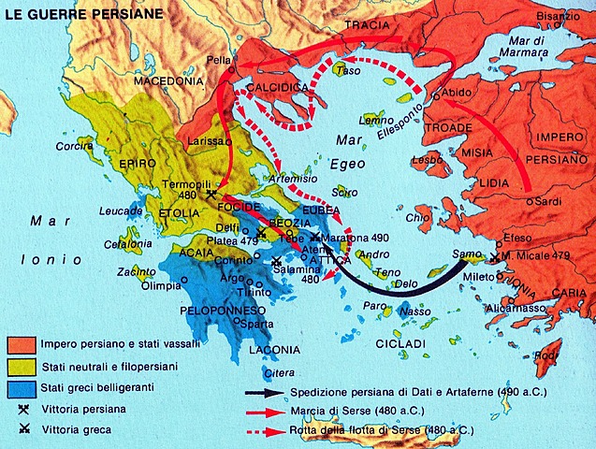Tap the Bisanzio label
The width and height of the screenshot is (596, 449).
(x=560, y=16)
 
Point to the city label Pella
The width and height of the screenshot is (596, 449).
(x=218, y=58)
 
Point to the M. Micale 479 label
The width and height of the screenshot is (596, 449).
(x=541, y=256)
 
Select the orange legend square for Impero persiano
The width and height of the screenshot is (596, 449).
(x=22, y=343)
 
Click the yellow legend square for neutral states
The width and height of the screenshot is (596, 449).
(x=22, y=366)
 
